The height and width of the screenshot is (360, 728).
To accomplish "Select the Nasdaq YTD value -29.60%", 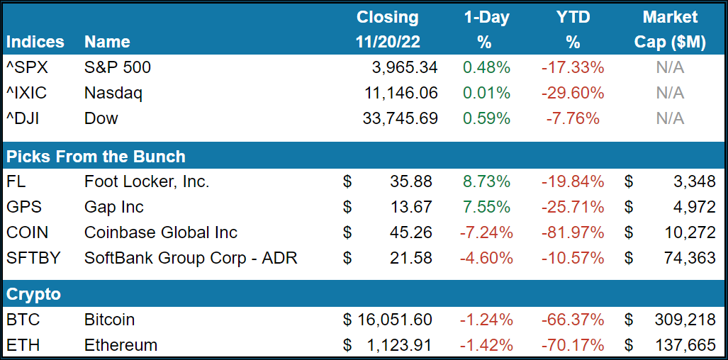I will [x=573, y=93].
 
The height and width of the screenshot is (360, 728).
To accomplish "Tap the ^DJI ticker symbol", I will [x=23, y=118].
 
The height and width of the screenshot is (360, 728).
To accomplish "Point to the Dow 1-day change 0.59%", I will [x=486, y=118].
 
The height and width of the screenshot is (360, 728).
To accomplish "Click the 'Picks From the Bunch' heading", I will [x=96, y=157].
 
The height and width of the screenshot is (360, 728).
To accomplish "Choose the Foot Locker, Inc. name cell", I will [x=147, y=181].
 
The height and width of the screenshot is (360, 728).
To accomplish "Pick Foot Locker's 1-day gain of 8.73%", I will [x=486, y=181].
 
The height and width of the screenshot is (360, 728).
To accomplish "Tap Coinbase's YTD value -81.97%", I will [x=573, y=232].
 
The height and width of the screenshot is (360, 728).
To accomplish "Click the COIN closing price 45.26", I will [x=410, y=232].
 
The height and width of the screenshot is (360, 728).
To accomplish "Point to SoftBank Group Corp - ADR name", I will [x=191, y=258].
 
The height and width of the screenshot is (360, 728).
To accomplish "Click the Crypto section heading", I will [x=33, y=294].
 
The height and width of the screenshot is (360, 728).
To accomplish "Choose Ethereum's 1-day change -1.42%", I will [x=486, y=345].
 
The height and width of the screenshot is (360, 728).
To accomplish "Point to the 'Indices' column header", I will [x=35, y=42].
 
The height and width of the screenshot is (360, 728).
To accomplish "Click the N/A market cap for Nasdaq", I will [x=670, y=93].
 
